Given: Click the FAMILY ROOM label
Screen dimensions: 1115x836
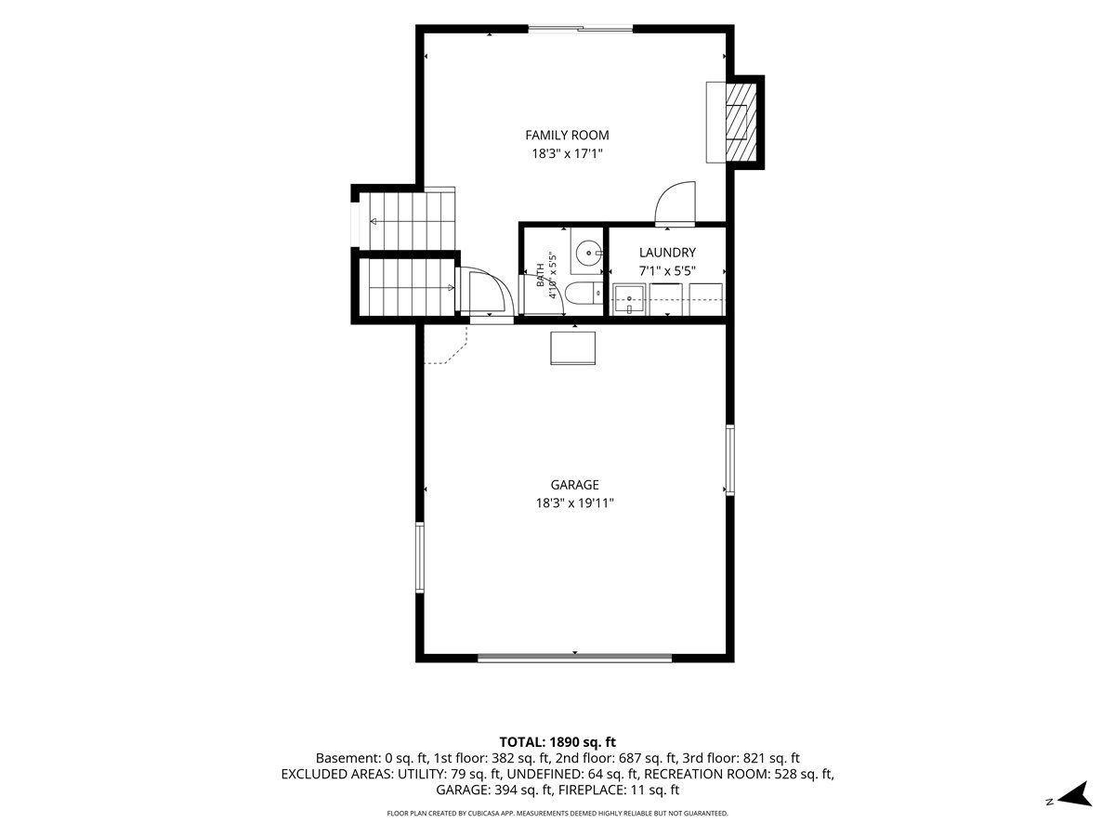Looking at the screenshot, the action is [x=567, y=135].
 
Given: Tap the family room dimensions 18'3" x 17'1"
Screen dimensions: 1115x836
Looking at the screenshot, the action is [x=567, y=153].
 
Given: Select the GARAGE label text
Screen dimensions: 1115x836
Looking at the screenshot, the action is [x=574, y=485].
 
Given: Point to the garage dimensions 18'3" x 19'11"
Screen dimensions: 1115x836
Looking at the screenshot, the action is [x=574, y=503].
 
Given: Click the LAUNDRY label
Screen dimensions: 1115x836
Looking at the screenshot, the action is [x=667, y=253].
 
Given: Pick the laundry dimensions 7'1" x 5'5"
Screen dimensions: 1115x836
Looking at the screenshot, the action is [x=667, y=270].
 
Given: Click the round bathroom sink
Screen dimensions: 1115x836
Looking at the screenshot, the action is [x=589, y=252].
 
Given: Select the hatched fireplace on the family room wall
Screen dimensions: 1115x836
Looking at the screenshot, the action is [x=741, y=123].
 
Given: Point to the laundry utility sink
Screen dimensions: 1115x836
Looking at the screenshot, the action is [x=629, y=299].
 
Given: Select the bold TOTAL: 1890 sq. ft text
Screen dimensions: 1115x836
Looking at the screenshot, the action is [x=557, y=742].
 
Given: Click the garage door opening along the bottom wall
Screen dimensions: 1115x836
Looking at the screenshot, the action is [x=574, y=658].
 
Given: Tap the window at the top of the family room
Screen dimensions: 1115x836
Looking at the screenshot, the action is [x=581, y=29].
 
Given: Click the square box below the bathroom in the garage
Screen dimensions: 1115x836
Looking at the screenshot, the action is [x=572, y=348].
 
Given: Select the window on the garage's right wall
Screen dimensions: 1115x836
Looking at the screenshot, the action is [x=730, y=460].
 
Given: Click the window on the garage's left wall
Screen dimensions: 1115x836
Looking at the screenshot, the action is [x=420, y=557].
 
